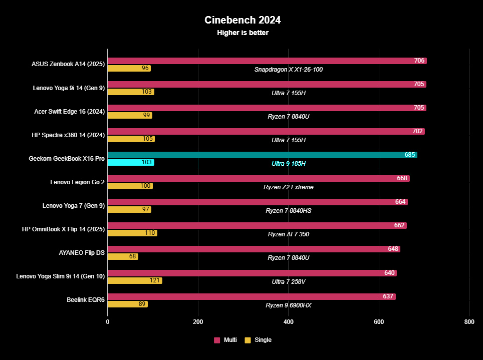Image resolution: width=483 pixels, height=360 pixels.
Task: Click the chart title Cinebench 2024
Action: (x=243, y=20)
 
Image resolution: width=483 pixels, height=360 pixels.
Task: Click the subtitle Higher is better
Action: (x=243, y=33)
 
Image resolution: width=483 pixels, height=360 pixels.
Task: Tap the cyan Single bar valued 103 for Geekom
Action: (x=131, y=163)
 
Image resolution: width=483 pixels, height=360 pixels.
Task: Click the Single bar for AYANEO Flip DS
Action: (x=123, y=257)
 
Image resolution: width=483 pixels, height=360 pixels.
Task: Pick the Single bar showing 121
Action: (x=135, y=280)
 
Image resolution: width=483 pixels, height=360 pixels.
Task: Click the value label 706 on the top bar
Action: (x=419, y=61)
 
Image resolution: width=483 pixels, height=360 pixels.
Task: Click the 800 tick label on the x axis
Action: (x=469, y=322)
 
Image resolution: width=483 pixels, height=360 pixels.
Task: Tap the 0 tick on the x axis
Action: (x=108, y=322)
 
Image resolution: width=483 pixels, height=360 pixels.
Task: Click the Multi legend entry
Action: (x=225, y=340)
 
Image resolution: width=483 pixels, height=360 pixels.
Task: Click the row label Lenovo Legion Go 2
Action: (x=77, y=182)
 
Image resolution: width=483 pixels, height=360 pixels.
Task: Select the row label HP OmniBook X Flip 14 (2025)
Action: (x=63, y=229)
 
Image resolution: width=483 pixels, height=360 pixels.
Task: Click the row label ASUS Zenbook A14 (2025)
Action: (x=68, y=64)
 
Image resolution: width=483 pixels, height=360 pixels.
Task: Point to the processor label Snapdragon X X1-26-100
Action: (x=289, y=70)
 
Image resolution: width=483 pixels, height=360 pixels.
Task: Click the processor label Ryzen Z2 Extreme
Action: (x=289, y=187)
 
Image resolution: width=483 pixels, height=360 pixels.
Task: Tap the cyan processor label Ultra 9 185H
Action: (x=289, y=164)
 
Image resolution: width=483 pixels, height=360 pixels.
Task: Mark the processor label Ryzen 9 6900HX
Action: (x=289, y=305)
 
